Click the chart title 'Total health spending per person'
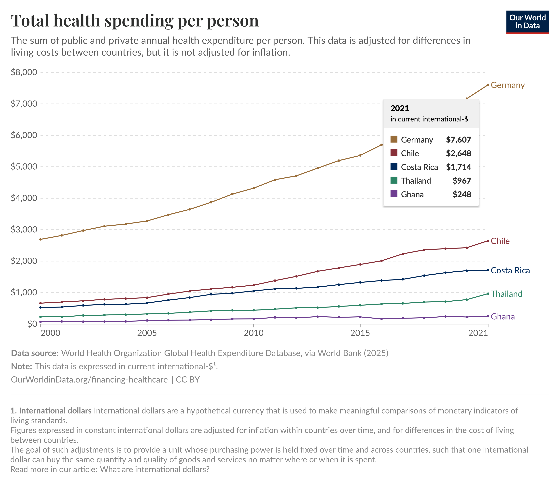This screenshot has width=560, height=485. [135, 21]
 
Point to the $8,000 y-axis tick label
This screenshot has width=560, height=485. [24, 72]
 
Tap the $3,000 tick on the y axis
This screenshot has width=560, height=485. [24, 230]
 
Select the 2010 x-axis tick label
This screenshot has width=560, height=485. [253, 333]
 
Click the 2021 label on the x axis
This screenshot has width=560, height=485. [478, 333]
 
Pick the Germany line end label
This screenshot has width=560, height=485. [507, 85]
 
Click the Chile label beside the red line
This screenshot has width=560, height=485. [500, 241]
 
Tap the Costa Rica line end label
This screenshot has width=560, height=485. [510, 270]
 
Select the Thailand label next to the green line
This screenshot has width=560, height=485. [506, 294]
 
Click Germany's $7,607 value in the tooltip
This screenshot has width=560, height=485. [458, 140]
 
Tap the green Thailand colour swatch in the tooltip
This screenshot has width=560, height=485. [394, 180]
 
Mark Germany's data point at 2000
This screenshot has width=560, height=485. [41, 239]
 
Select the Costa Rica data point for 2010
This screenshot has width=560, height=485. [253, 291]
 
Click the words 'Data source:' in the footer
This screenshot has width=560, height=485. [35, 353]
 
